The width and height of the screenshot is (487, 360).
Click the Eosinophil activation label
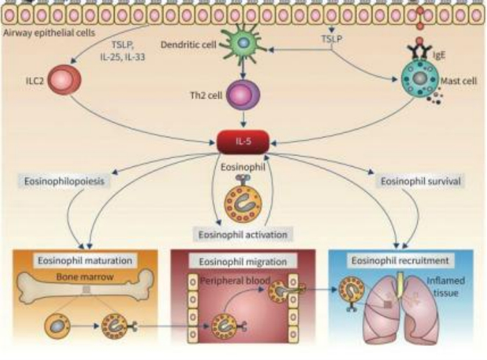[x=241, y=234]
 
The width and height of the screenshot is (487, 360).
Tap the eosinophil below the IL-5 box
[x=243, y=198]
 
